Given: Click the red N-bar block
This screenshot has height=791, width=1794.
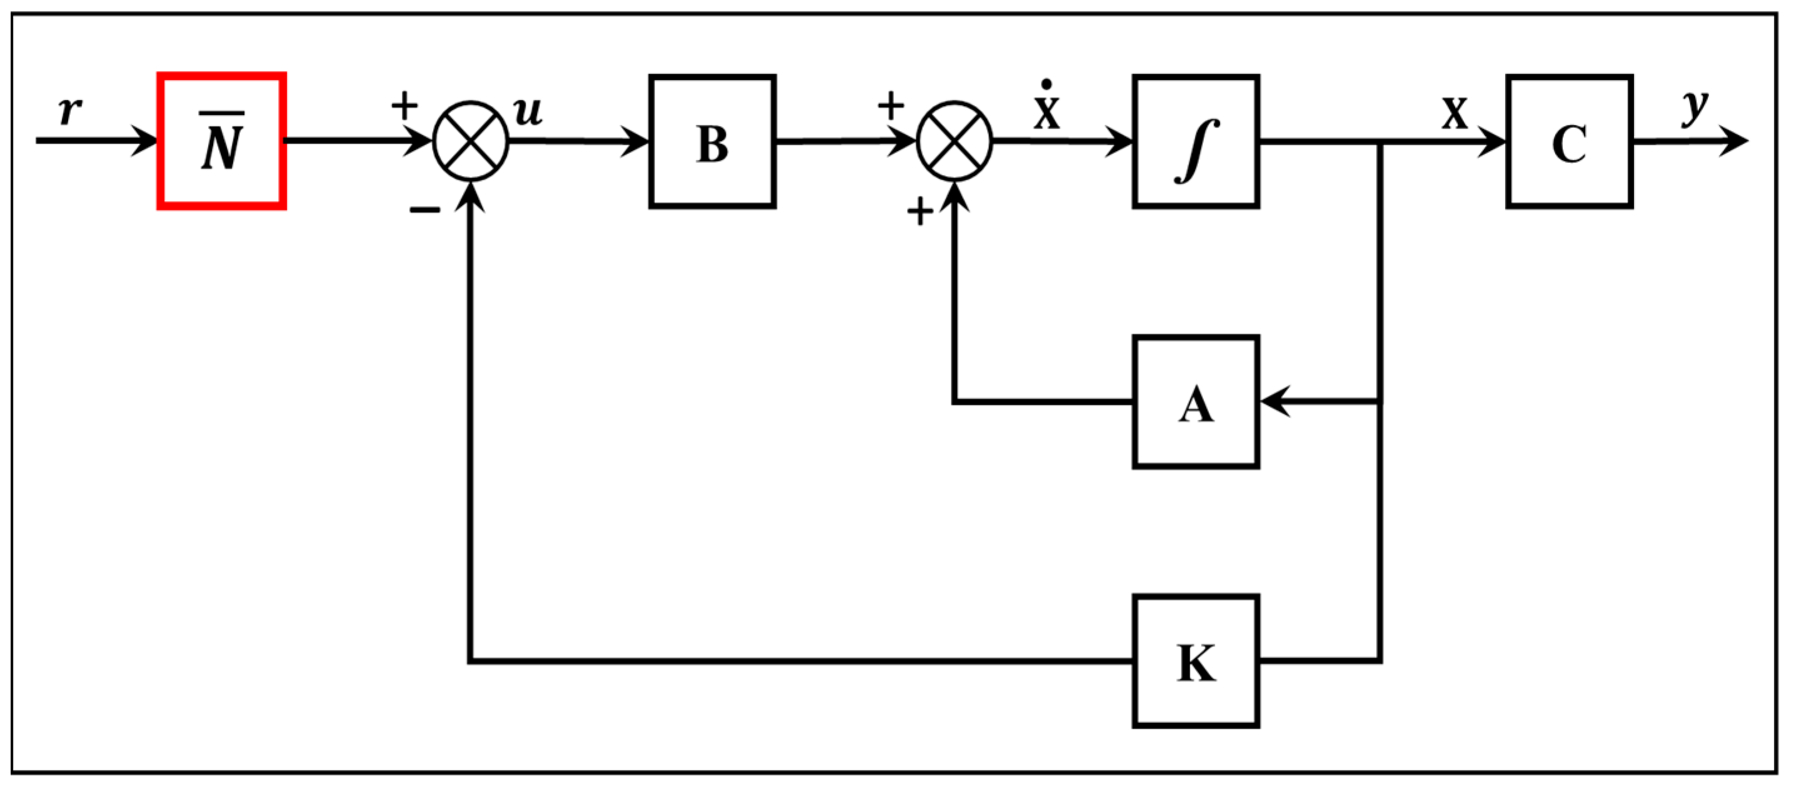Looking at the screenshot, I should (221, 141).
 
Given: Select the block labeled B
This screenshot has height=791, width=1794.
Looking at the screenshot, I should (712, 141).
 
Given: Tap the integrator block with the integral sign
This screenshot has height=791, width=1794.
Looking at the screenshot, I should (1195, 141).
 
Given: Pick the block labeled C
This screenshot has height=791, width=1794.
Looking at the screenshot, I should (1569, 141).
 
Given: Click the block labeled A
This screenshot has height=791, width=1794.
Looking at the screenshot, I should (1195, 402).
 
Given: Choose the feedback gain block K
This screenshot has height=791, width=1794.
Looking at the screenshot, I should (1195, 662).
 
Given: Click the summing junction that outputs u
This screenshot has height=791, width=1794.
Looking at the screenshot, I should (471, 141).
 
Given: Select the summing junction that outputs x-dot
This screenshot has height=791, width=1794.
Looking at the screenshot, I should (954, 141).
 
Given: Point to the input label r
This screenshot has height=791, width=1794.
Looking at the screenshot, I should (69, 109).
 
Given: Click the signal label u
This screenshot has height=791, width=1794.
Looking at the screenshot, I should (528, 111).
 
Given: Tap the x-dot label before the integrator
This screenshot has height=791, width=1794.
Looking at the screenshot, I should (1046, 108).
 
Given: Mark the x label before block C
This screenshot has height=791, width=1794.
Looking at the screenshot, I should (1454, 113).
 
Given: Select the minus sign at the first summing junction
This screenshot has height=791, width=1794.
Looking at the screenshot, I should (424, 209).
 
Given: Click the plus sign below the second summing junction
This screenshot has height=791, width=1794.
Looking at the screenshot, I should (920, 211).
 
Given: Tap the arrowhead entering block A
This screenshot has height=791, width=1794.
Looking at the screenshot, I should (1275, 402).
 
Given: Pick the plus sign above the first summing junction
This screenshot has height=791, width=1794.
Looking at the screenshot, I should (404, 106).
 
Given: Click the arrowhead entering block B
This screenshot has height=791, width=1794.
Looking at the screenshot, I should (635, 141).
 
